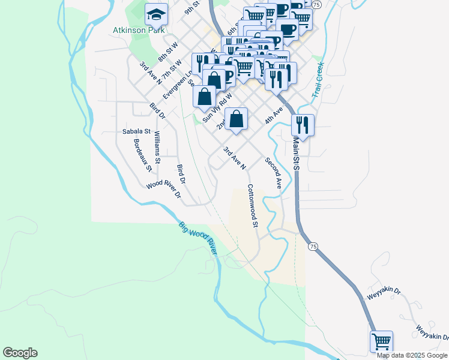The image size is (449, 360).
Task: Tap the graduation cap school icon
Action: (156, 13)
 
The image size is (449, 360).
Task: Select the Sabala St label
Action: (136, 131)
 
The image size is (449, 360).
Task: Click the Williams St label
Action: (157, 147)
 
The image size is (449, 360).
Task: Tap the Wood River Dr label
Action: (164, 189)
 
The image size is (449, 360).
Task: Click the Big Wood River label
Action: (197, 238)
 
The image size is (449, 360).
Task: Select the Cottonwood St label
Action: (252, 206)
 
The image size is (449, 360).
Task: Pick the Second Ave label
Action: (273, 173)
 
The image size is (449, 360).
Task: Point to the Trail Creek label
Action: (318, 80)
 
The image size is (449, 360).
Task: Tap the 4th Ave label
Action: (274, 116)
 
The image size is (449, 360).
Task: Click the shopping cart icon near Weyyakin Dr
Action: (381, 341)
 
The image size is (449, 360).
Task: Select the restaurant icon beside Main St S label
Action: (303, 125)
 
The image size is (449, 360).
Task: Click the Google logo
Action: (20, 353)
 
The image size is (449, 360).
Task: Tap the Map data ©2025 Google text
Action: (412, 355)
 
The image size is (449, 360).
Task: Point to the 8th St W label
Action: (169, 52)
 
